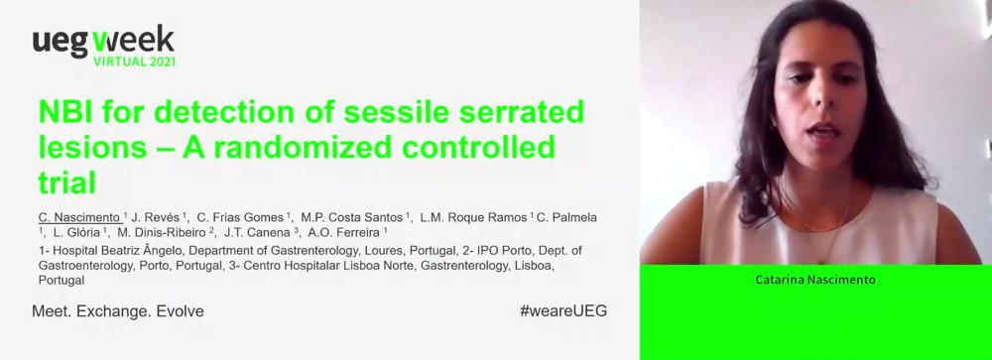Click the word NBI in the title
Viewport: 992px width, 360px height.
[61, 113]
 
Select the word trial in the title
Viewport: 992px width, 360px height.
[67, 182]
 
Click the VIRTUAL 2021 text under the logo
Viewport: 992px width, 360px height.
[134, 61]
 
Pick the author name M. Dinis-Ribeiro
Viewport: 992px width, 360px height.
[164, 232]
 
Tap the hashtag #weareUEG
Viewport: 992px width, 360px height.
[563, 311]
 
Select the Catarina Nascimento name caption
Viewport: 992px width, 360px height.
[815, 280]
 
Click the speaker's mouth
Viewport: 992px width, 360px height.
[821, 131]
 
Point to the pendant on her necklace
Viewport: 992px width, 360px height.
[821, 260]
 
